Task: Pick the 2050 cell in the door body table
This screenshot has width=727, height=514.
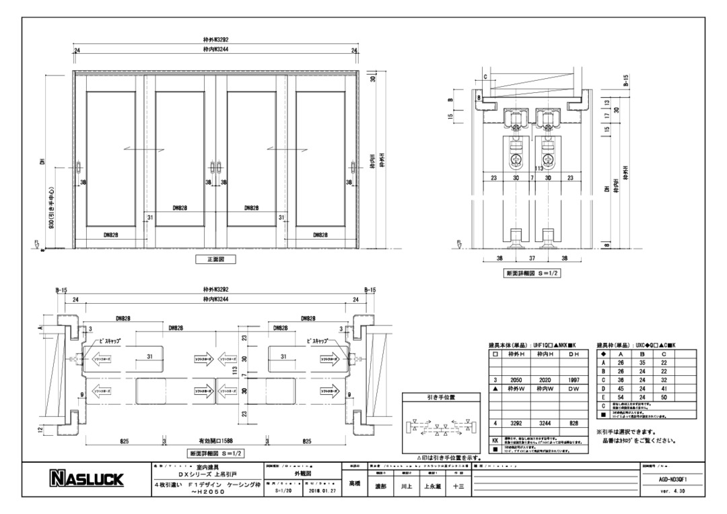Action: (517, 380)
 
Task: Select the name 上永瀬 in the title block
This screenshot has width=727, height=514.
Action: (430, 486)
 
